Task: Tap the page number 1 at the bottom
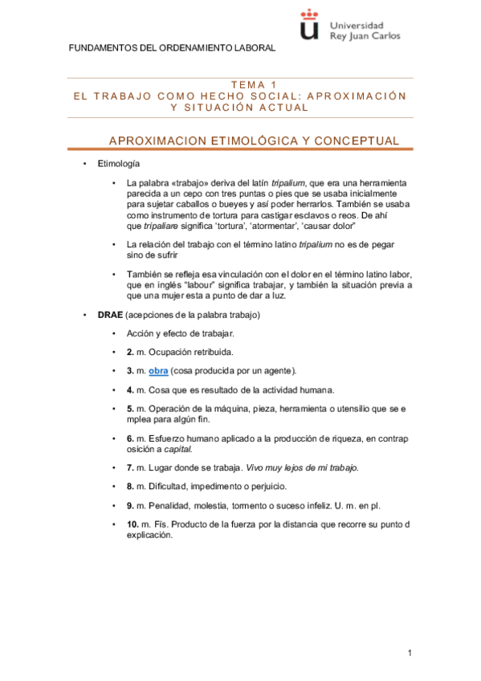pyautogui.click(x=410, y=653)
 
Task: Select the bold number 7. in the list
pyautogui.click(x=130, y=467)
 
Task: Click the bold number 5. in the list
pyautogui.click(x=130, y=409)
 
